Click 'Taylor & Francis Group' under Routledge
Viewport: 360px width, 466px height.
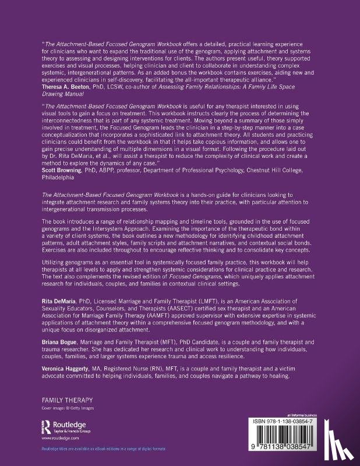[x=70, y=429]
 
